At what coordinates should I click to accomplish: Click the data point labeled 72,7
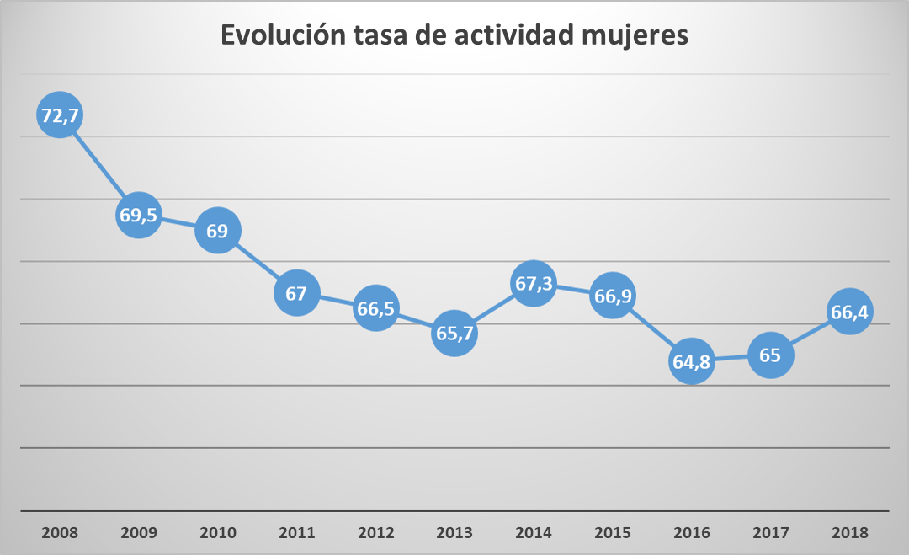(x=59, y=115)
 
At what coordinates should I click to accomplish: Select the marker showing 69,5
(x=138, y=215)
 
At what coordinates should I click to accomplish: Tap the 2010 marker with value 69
(x=217, y=230)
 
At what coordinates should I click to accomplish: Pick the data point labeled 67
(x=296, y=293)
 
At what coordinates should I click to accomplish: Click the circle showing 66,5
(x=375, y=308)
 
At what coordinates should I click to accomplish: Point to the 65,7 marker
(x=454, y=334)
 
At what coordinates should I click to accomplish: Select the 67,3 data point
(x=534, y=284)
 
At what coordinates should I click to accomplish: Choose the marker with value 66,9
(x=613, y=296)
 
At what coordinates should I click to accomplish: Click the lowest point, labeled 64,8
(x=692, y=361)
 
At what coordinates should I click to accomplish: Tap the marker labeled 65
(x=770, y=355)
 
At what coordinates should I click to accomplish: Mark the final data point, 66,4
(x=849, y=312)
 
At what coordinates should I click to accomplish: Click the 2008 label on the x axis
(x=59, y=533)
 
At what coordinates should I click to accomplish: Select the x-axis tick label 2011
(x=296, y=533)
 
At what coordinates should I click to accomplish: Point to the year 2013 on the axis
(x=454, y=533)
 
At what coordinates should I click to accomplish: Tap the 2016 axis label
(x=692, y=533)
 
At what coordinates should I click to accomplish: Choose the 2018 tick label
(x=849, y=533)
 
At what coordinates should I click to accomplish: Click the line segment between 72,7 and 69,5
(x=98, y=165)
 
